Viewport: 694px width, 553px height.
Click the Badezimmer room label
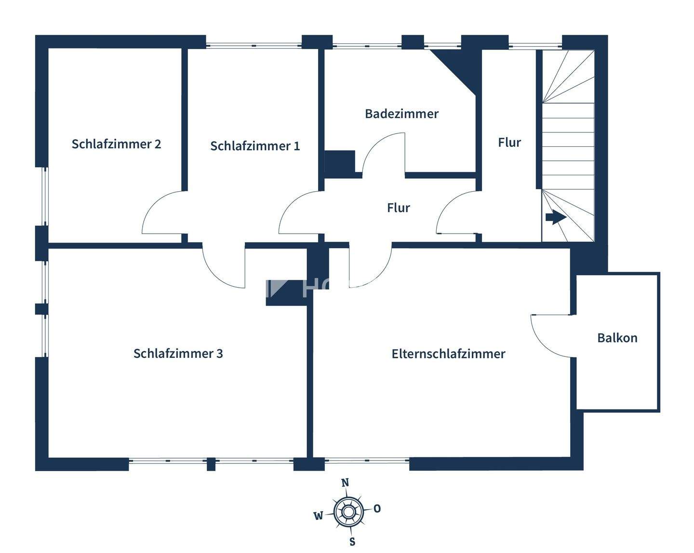[x=401, y=114]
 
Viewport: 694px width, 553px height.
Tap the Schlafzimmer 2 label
[x=116, y=144]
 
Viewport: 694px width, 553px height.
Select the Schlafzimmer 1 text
[x=255, y=145]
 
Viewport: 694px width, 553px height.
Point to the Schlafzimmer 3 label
[x=178, y=353]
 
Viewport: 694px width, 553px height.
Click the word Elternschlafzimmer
[x=448, y=354]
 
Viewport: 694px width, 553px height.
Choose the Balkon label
[x=617, y=338]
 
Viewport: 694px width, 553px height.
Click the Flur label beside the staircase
[x=509, y=142]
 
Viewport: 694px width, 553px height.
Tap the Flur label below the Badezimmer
[x=398, y=208]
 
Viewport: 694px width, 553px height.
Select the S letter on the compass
[x=352, y=541]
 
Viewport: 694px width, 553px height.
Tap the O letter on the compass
[x=377, y=508]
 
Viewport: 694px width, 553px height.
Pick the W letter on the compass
[x=318, y=516]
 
